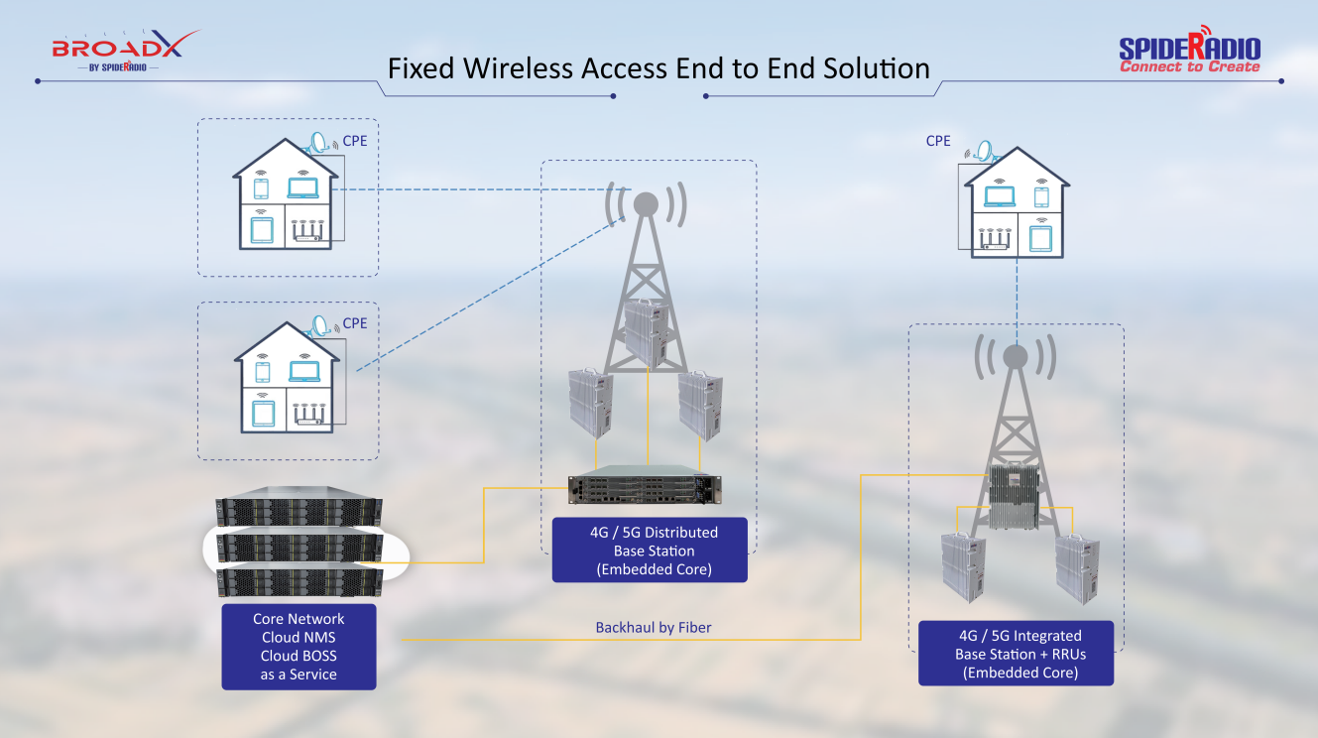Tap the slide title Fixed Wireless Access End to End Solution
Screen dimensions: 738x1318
tap(659, 68)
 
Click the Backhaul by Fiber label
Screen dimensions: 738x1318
tap(654, 628)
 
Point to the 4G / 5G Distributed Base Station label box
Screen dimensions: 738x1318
tap(650, 551)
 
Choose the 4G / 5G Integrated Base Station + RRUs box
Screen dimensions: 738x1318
tap(1016, 654)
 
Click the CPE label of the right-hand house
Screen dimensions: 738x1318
tap(938, 141)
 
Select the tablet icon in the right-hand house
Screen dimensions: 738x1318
tap(1040, 239)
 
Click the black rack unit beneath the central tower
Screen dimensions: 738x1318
tap(645, 489)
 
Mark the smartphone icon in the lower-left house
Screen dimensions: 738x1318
tap(263, 372)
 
